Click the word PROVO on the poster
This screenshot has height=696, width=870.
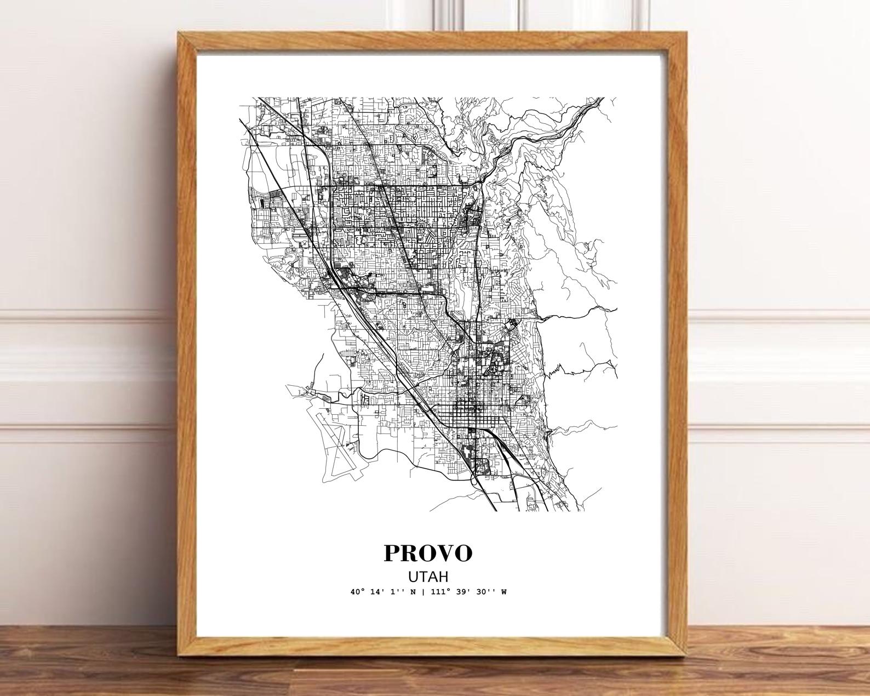click(x=427, y=553)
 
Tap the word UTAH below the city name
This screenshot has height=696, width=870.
click(x=427, y=577)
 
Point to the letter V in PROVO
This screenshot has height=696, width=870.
click(x=444, y=553)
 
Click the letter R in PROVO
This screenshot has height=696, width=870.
click(x=409, y=553)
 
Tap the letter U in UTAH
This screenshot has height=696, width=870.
click(x=412, y=577)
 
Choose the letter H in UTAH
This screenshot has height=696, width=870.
click(x=443, y=577)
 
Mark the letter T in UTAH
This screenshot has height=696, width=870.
click(x=422, y=577)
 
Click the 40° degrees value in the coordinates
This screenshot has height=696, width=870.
click(x=358, y=592)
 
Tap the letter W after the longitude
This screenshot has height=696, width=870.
click(x=503, y=592)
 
